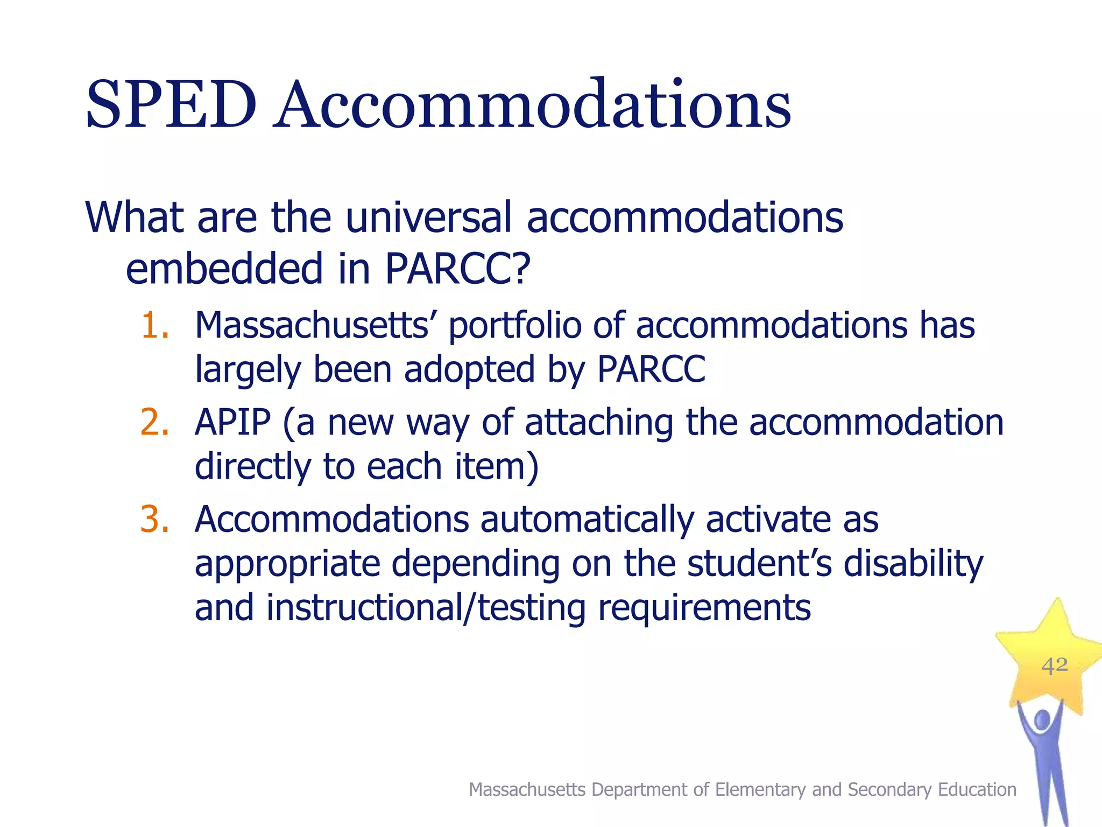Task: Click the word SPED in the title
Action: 171,105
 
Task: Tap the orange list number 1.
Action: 155,325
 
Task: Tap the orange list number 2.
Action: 155,422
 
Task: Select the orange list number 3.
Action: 155,520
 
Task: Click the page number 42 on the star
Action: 1054,666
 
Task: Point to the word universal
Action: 428,218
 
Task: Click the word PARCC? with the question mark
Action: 457,269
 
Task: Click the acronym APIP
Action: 232,422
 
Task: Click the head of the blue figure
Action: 1042,720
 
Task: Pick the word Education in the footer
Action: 977,789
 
